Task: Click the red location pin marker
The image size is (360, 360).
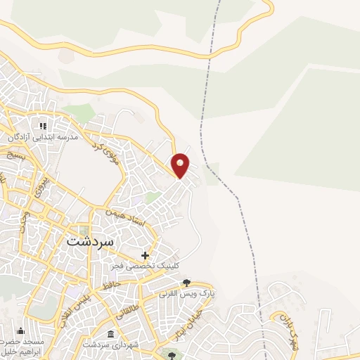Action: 181,165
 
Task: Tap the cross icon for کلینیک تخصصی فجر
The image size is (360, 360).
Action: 146,255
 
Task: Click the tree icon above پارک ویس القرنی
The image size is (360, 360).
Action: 186,283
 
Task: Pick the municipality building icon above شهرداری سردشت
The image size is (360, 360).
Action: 110,334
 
